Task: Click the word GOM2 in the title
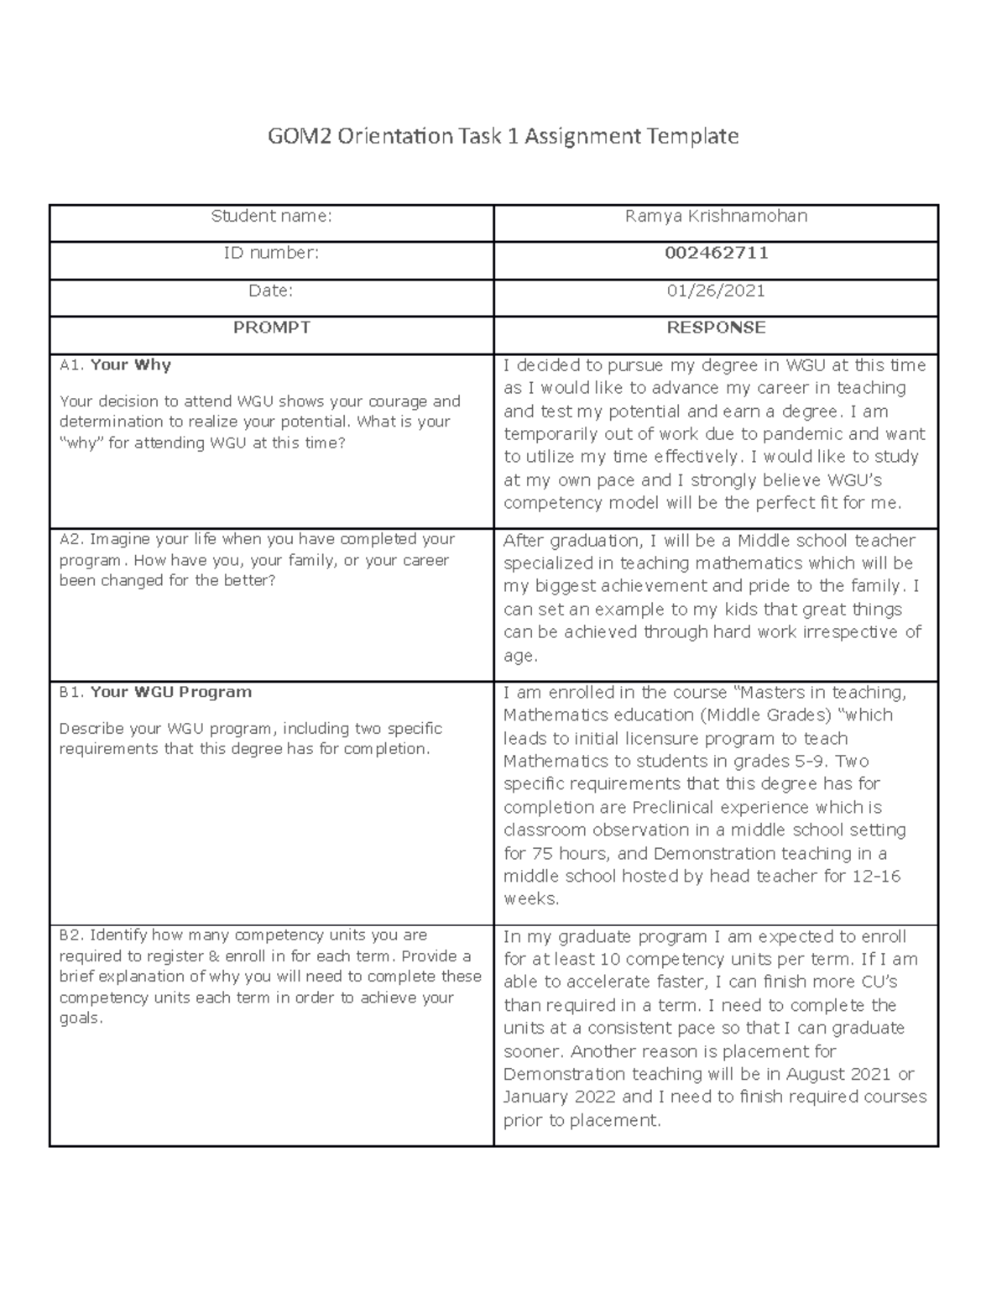point(300,136)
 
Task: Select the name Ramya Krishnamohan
point(716,217)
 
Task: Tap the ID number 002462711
point(716,254)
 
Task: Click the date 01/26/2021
point(716,291)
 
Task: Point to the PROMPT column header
point(271,327)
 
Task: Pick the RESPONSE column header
point(716,327)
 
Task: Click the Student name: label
point(271,217)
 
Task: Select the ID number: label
point(271,254)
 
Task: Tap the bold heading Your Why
point(130,365)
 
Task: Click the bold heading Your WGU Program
point(170,693)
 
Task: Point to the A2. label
point(71,540)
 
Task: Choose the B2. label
point(71,935)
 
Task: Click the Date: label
point(271,291)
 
